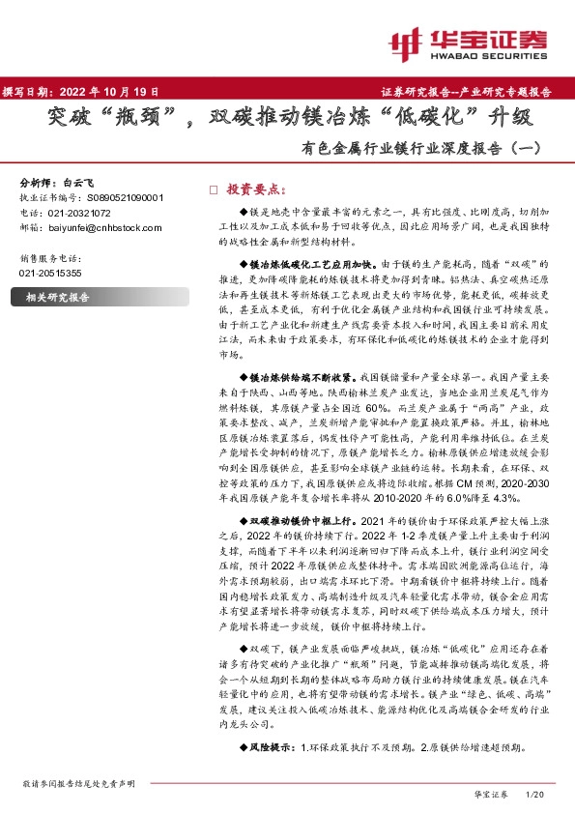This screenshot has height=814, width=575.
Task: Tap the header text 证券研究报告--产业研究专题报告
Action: point(473,93)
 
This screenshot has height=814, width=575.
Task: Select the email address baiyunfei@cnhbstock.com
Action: point(104,227)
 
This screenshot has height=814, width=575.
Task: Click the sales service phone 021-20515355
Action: point(51,274)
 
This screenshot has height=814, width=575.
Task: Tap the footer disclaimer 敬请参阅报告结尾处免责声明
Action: point(78,783)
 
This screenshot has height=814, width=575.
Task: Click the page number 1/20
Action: point(533,793)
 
